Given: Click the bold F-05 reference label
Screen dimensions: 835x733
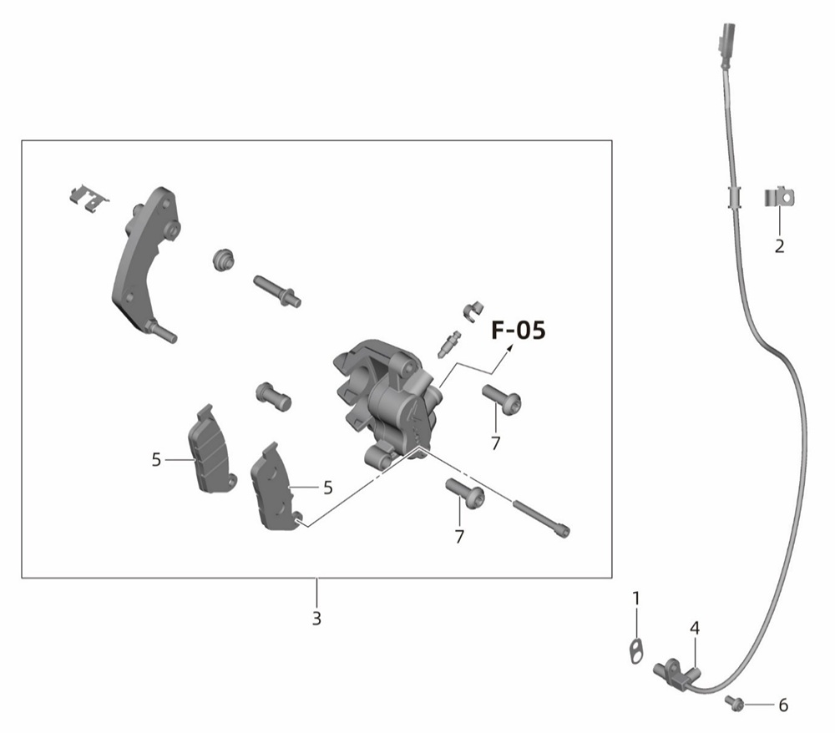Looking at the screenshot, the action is (x=519, y=330).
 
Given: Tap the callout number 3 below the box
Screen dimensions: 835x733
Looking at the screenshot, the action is (x=316, y=619).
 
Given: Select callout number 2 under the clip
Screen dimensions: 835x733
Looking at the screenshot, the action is (x=780, y=246).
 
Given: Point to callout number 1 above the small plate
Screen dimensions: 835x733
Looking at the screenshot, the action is (x=635, y=599).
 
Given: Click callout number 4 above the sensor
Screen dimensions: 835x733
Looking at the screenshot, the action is (x=695, y=628).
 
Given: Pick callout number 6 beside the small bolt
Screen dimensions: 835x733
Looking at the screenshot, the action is (x=783, y=705).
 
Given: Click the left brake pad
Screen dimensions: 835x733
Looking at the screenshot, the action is (x=211, y=449).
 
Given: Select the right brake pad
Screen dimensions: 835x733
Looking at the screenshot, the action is (x=276, y=487).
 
